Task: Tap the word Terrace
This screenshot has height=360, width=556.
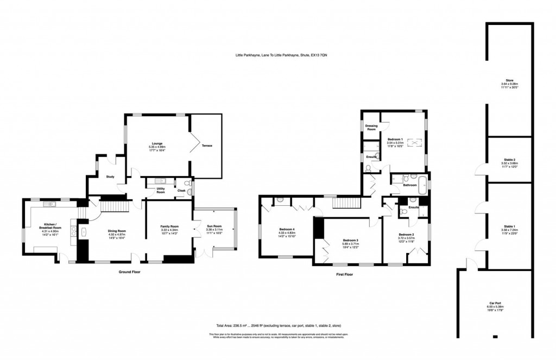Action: pos(207,146)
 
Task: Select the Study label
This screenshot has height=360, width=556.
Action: pos(110,177)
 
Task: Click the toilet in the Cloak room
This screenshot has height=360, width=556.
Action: pos(188,184)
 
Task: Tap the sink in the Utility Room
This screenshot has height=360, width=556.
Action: pos(161,181)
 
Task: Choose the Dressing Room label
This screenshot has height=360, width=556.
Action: pos(371,128)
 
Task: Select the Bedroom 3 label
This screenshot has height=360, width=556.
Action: pos(351,240)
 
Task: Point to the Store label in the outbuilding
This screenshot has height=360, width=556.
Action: pos(509,80)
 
